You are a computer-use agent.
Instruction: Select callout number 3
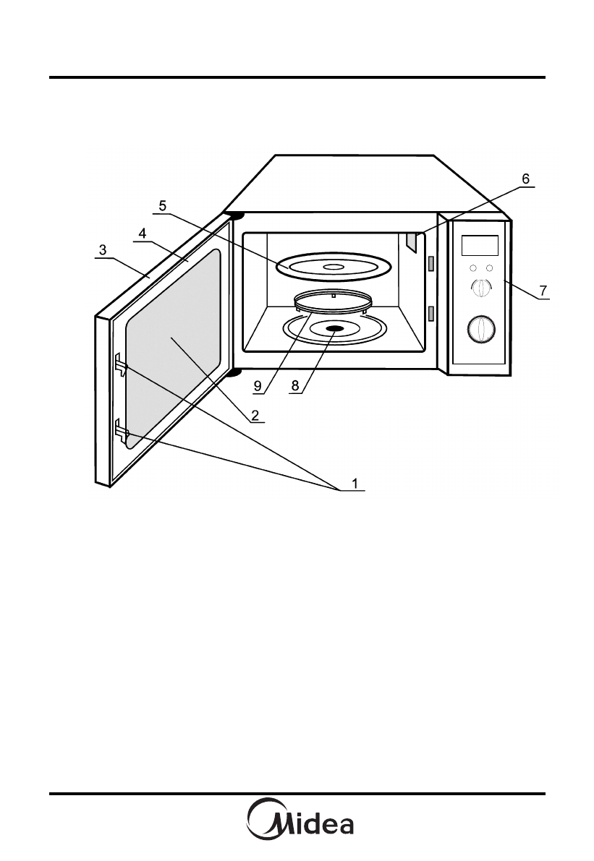[x=103, y=249]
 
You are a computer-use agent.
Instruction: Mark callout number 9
[x=258, y=386]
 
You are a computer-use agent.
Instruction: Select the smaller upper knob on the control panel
[x=480, y=288]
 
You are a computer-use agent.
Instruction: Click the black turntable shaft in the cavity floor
[x=334, y=329]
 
